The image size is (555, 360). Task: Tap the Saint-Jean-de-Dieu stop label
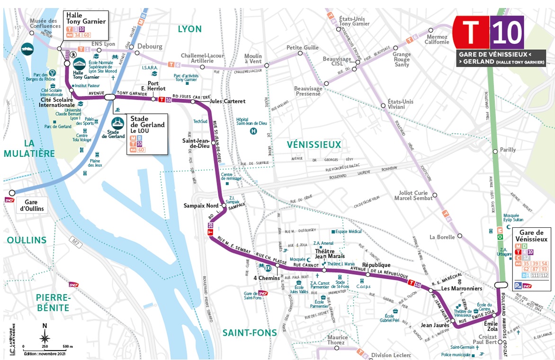coord(197,144)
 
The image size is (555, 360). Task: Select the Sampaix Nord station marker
coord(224,206)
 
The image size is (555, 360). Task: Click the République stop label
coord(376,265)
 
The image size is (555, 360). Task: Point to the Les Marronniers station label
coord(461,288)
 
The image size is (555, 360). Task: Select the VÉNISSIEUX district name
coord(314,144)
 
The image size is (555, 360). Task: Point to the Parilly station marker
coord(495,151)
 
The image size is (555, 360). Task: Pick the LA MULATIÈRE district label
coord(28,148)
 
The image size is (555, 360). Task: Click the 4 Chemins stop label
coord(267,278)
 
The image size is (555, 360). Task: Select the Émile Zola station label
coord(491,326)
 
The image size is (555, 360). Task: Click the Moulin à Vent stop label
coord(253,59)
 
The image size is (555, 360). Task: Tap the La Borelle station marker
coord(459,236)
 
